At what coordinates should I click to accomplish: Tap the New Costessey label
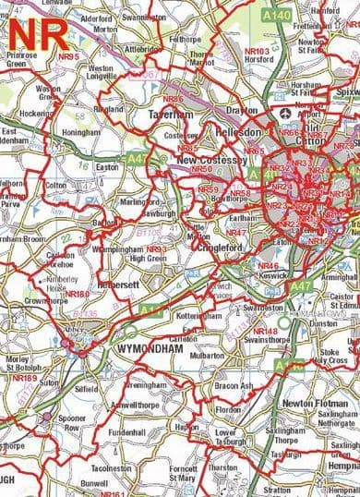[x=208, y=160]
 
